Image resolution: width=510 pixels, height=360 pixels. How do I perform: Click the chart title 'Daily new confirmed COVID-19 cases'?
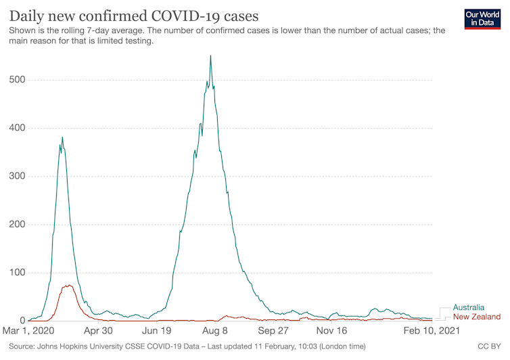(x=133, y=14)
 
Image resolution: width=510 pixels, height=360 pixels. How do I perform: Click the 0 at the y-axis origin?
(x=22, y=321)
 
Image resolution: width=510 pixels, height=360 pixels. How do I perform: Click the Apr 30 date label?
(x=97, y=331)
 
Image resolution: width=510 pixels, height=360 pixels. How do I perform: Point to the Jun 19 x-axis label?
(x=156, y=331)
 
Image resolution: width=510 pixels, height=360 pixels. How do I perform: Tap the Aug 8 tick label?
(x=215, y=331)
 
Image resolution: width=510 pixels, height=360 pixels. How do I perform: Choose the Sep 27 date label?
(x=274, y=331)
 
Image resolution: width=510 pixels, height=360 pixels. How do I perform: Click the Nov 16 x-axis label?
(x=332, y=331)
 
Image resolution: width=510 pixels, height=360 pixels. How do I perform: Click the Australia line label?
(x=468, y=307)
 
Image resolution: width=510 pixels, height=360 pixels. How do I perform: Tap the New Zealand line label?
(x=476, y=317)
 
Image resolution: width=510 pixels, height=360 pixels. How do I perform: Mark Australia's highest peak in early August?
(x=210, y=56)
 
